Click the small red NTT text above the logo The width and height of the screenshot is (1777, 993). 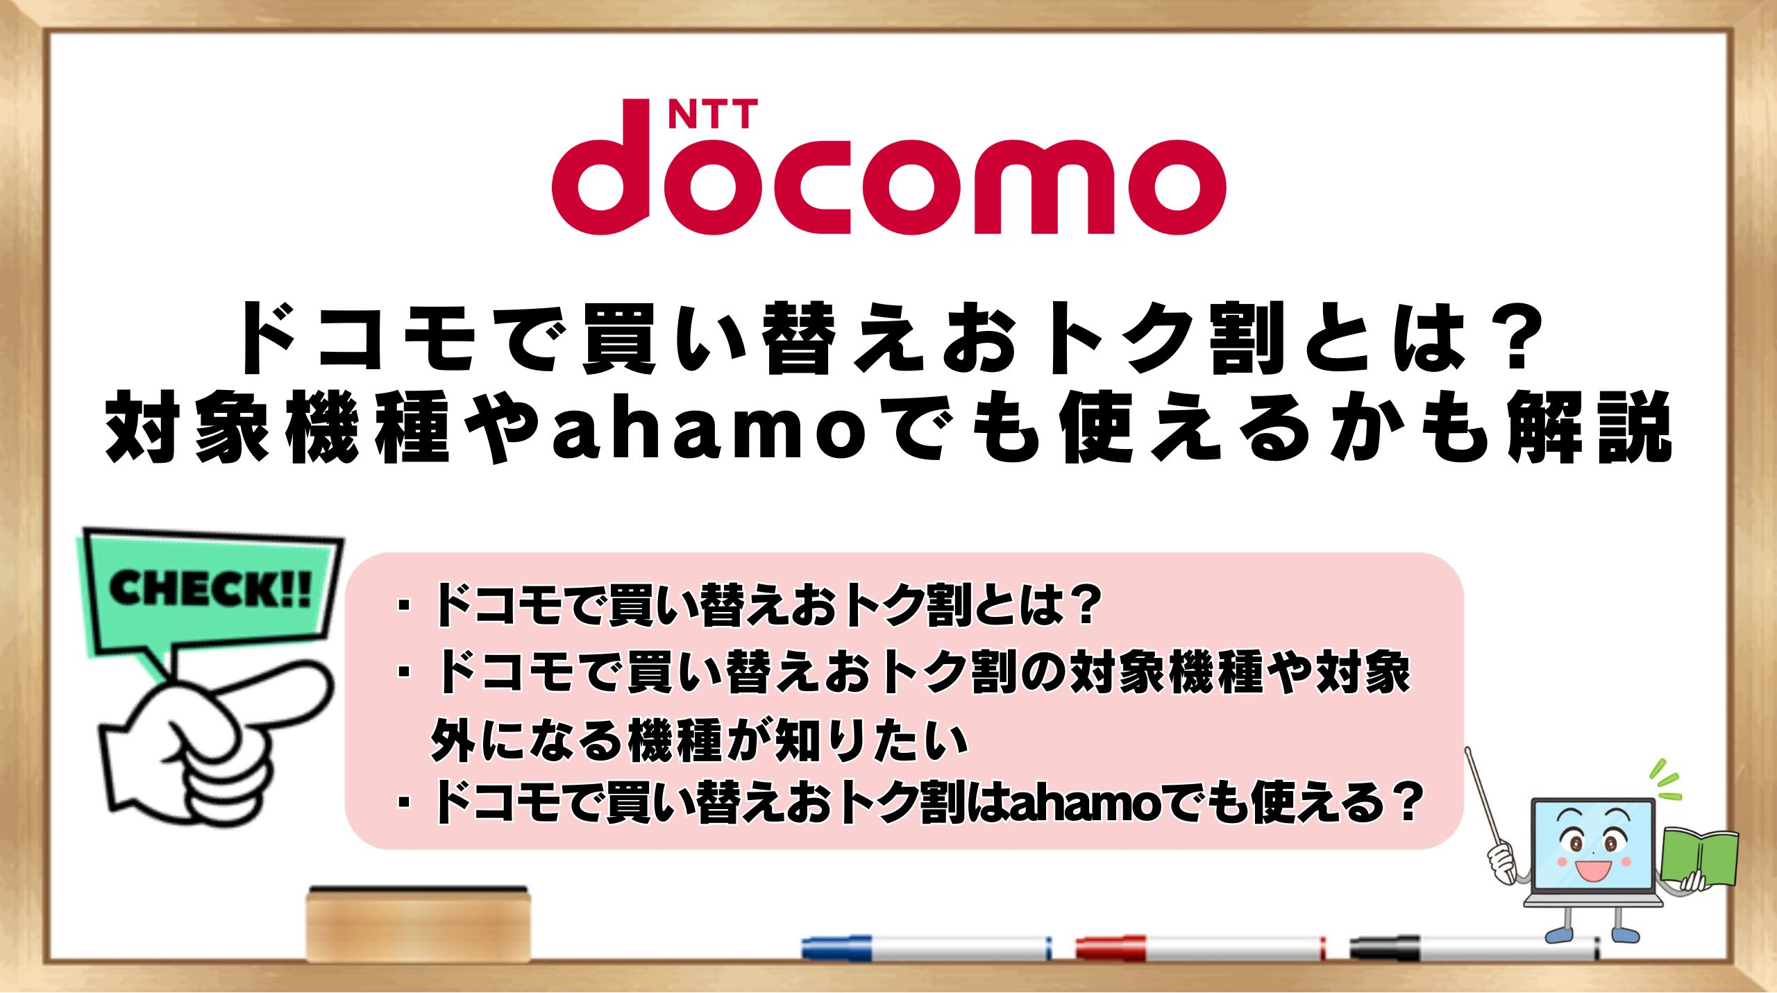click(x=713, y=114)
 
